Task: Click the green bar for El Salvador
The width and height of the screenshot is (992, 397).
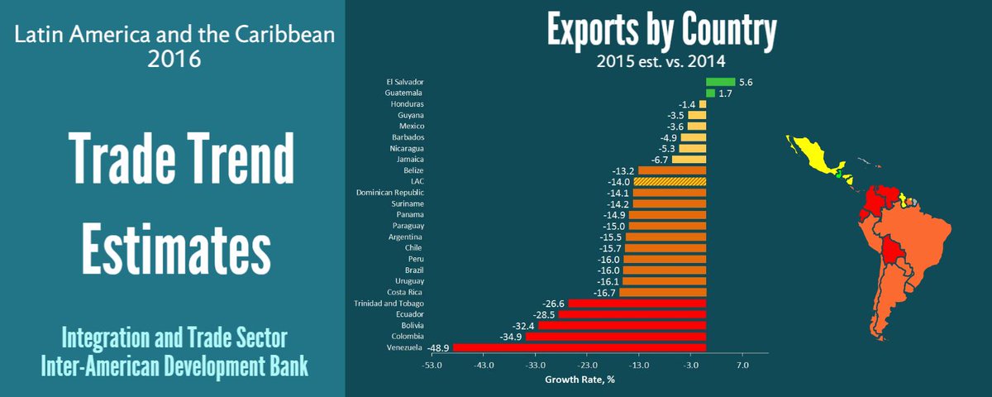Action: point(720,82)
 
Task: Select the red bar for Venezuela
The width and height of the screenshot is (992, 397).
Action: point(579,348)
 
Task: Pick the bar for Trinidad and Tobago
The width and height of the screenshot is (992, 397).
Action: point(637,304)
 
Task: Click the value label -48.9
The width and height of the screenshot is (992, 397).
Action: point(437,348)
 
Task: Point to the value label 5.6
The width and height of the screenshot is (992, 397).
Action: point(746,82)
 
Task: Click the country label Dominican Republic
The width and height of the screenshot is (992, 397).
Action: point(390,193)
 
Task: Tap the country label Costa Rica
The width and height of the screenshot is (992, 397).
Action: point(406,292)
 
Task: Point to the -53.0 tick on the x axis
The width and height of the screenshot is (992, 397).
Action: point(432,365)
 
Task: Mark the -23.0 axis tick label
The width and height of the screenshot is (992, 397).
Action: point(587,365)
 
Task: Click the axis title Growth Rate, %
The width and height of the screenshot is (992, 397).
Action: point(579,380)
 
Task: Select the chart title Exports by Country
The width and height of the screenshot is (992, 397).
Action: point(661,31)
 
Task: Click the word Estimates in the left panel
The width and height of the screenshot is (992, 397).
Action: point(177,245)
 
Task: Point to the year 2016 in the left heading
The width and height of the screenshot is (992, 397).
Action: point(174,60)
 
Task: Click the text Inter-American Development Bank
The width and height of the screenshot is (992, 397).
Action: point(174,365)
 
